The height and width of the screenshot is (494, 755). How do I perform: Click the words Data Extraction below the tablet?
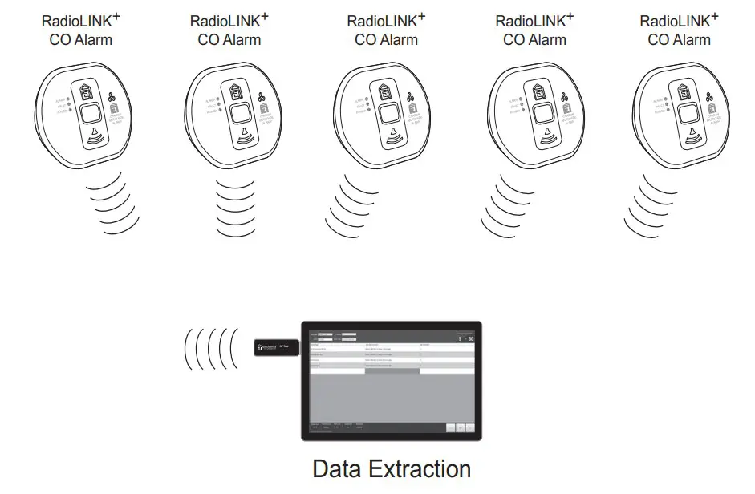(391, 468)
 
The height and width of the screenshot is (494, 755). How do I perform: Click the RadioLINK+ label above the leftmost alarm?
(77, 21)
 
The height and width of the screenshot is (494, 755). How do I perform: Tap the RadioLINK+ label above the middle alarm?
(381, 21)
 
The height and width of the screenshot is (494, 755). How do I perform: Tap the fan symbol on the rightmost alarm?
(709, 98)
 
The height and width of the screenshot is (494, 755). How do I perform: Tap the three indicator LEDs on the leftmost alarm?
(71, 103)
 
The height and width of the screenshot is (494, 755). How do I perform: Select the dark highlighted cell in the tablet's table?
(391, 371)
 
